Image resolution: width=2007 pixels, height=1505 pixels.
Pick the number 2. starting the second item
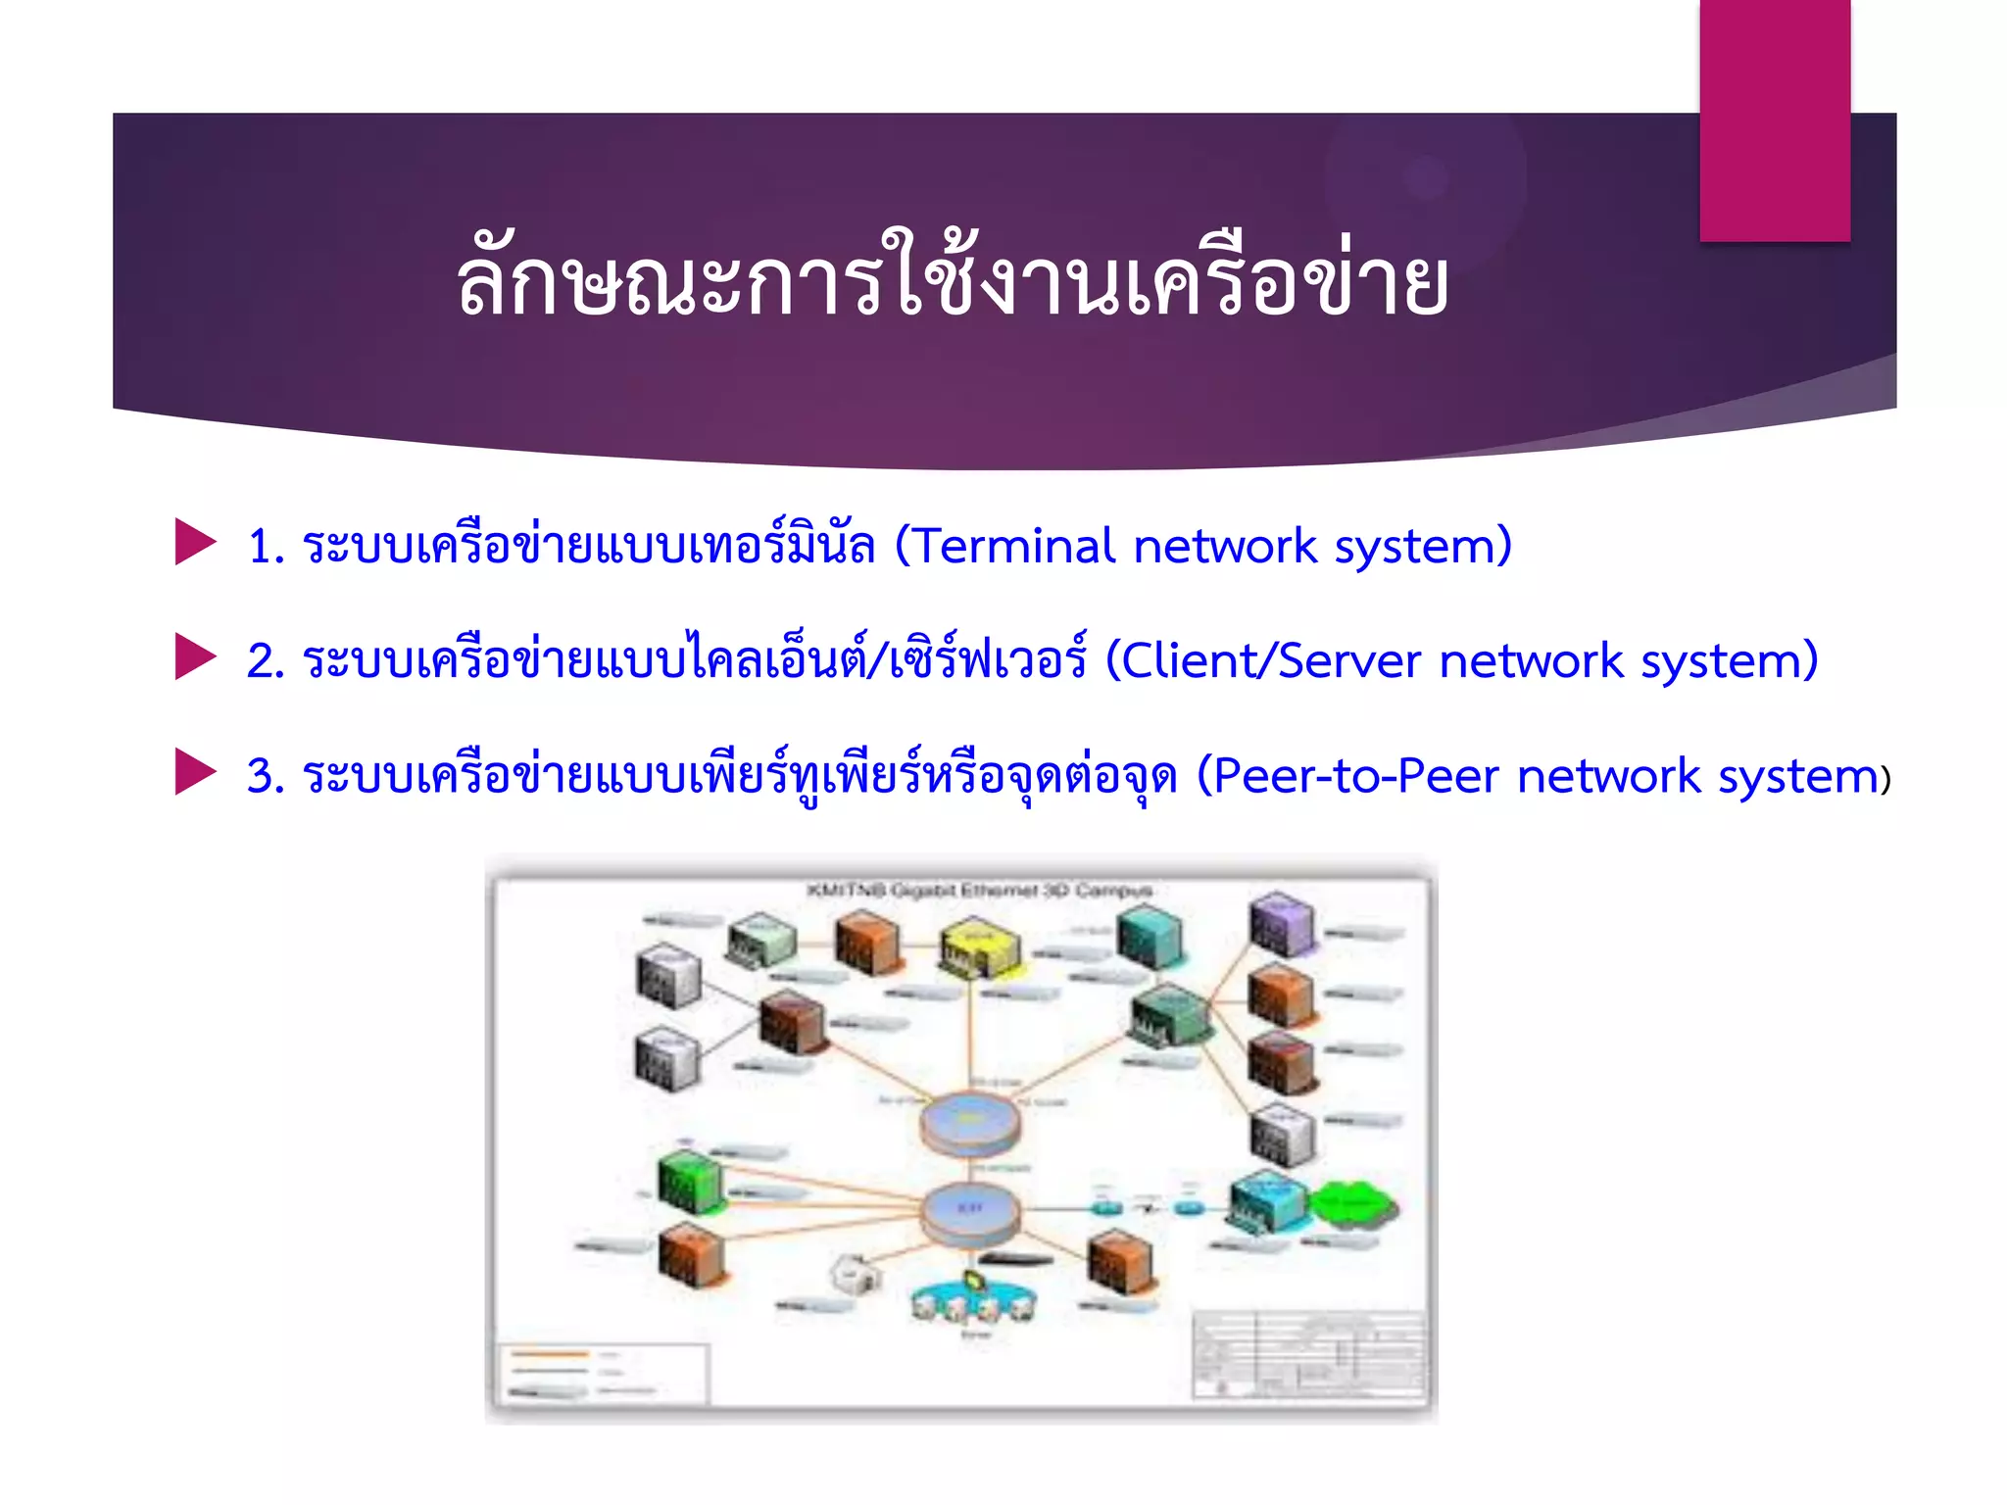coord(266,661)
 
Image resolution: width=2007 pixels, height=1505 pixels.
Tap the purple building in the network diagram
coord(1280,923)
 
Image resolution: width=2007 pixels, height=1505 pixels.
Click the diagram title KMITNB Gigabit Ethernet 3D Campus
coord(979,890)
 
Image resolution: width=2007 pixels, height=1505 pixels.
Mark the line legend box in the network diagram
coord(603,1373)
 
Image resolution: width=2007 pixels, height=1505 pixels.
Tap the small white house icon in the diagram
coord(855,1274)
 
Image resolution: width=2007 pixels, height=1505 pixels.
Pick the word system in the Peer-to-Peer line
coord(1798,777)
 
